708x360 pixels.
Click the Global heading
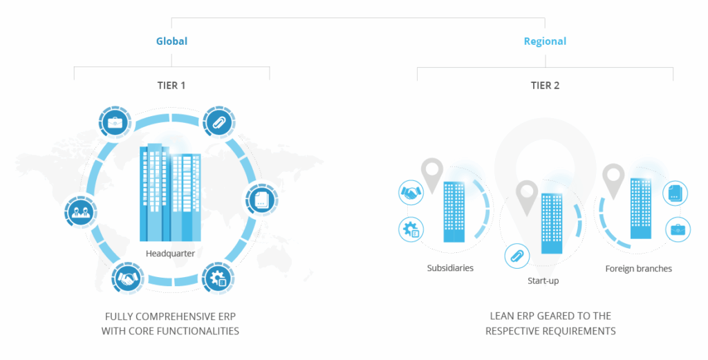click(x=171, y=41)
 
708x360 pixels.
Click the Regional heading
click(x=545, y=41)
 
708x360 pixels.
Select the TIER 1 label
click(x=171, y=86)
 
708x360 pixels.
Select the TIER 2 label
click(x=545, y=86)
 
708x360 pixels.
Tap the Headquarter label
click(x=170, y=254)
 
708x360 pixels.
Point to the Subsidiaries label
click(x=450, y=267)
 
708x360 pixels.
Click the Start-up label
click(x=543, y=281)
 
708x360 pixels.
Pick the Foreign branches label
click(x=638, y=268)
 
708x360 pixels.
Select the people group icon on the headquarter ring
click(x=77, y=209)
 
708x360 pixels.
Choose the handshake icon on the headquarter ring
click(x=127, y=279)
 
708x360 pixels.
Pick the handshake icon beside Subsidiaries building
click(x=412, y=194)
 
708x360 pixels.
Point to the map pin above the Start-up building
click(x=527, y=196)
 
